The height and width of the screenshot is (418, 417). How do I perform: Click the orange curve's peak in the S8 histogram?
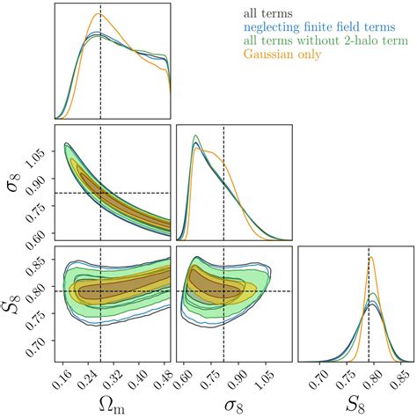[370, 257]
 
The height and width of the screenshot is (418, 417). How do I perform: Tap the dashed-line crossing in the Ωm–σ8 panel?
[101, 193]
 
